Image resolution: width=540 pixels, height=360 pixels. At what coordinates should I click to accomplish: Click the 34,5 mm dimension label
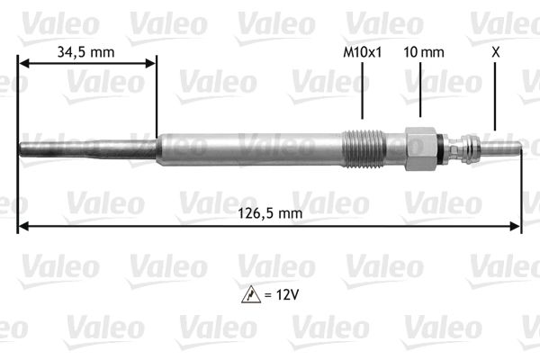(x=85, y=52)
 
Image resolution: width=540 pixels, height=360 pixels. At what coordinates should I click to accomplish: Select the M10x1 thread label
(x=363, y=52)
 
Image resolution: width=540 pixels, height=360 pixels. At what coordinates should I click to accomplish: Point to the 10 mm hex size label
(x=424, y=52)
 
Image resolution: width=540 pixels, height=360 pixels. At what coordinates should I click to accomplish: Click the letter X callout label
(x=495, y=52)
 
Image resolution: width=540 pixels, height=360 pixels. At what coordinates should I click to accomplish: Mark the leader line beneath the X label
(x=495, y=99)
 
